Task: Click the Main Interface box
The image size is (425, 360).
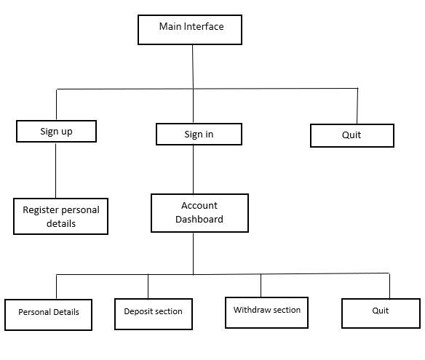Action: coord(190,29)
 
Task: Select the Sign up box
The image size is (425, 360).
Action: coord(56,132)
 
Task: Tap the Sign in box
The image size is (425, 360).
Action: coord(199,134)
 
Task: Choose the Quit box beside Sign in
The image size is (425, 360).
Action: coord(351,135)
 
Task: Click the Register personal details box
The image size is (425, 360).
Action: coord(60,216)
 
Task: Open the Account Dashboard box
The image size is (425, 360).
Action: coord(199,212)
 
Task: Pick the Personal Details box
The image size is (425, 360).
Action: coord(48,313)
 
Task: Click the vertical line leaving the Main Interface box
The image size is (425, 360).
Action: coord(192,66)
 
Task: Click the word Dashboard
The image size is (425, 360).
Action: coord(199,219)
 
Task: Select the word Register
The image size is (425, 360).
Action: coord(40,209)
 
